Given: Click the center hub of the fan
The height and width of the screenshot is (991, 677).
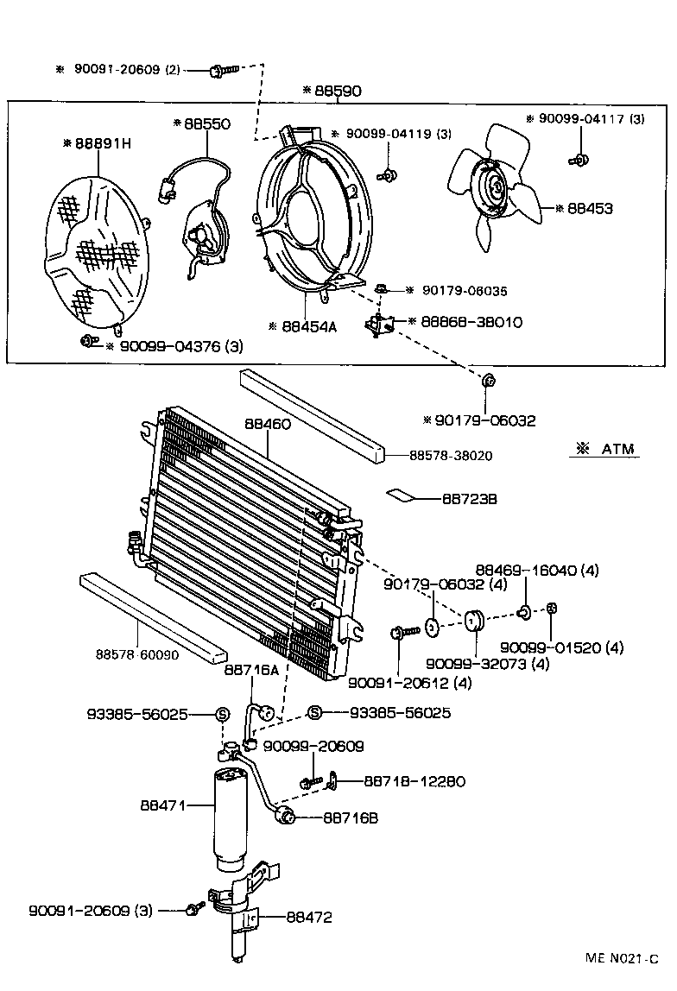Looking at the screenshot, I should pos(497,187).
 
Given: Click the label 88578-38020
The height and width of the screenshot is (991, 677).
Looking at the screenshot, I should pos(452,455).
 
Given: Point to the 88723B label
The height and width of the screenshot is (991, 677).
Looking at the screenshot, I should pos(469,499).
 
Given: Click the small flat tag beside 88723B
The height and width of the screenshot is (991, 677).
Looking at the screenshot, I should pos(402,495).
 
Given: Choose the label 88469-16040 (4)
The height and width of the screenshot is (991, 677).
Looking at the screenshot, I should pos(537,570).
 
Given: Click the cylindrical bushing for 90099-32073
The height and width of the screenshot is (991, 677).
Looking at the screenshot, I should pos(473,622).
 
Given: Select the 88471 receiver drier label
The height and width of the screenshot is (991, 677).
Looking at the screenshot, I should pos(164,805).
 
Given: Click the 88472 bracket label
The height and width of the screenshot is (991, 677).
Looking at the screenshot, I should pos(308,918).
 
